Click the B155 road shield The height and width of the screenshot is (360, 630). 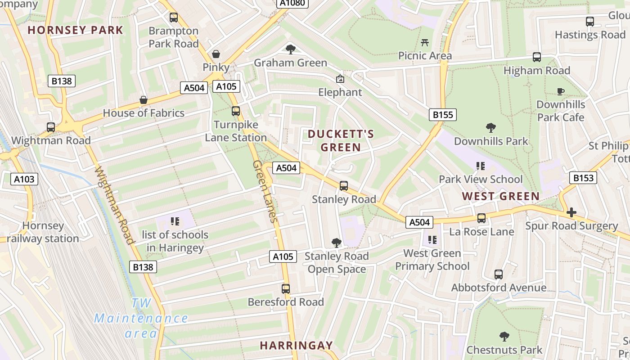click(x=443, y=115)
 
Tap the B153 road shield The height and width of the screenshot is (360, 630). click(x=583, y=178)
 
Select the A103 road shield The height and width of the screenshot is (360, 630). click(x=24, y=179)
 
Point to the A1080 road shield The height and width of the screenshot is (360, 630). click(x=292, y=3)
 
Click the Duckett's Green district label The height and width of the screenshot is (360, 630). click(x=341, y=140)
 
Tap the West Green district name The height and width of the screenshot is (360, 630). click(x=500, y=196)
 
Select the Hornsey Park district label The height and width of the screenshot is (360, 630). click(x=75, y=30)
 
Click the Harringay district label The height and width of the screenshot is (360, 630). click(x=296, y=346)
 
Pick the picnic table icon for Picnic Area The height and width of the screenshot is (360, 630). click(x=425, y=43)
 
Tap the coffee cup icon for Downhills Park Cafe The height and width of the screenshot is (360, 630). click(x=561, y=91)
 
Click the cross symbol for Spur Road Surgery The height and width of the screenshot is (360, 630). click(x=571, y=212)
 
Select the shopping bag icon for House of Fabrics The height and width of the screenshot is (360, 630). click(x=144, y=99)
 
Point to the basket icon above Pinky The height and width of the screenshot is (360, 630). click(x=216, y=54)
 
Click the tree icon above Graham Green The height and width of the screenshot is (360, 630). click(x=291, y=49)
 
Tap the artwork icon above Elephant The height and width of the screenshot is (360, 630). click(x=340, y=79)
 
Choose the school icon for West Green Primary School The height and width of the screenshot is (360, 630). click(x=432, y=239)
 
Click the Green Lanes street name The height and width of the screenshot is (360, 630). click(x=264, y=191)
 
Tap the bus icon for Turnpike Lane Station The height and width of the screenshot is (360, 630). click(x=236, y=111)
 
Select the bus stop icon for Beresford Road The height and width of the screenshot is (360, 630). click(x=286, y=288)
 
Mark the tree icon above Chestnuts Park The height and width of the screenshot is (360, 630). click(x=504, y=336)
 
